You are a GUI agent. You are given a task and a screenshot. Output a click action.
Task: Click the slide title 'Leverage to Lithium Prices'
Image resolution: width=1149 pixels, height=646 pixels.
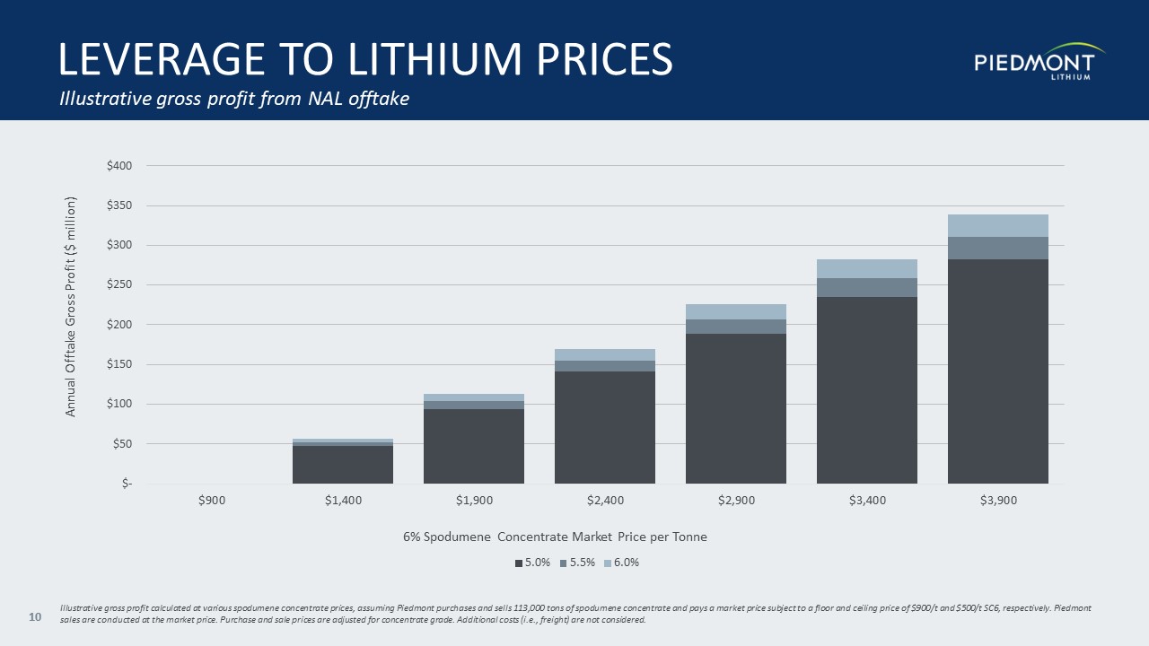[x=365, y=58]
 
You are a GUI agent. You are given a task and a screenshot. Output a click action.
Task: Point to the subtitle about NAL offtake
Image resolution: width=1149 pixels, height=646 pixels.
[x=234, y=99]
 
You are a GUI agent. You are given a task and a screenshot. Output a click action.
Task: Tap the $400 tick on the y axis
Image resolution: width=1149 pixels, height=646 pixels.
[x=119, y=166]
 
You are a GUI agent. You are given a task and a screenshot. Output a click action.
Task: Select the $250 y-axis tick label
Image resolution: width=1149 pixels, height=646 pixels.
[x=119, y=285]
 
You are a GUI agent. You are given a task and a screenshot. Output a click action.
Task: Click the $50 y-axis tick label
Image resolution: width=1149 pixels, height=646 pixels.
[x=122, y=444]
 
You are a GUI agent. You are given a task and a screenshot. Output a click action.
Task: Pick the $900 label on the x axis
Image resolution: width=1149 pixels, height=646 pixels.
[x=212, y=501]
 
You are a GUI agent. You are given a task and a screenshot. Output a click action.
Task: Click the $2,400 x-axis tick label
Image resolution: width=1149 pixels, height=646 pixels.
[x=605, y=501]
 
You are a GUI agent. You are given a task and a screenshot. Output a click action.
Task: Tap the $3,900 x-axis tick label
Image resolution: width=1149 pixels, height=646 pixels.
[x=998, y=501]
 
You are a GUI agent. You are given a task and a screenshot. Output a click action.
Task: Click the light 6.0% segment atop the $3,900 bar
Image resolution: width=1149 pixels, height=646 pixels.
[x=998, y=225]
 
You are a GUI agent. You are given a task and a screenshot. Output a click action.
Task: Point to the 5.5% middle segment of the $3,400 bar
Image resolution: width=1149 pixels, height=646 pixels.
[x=867, y=287]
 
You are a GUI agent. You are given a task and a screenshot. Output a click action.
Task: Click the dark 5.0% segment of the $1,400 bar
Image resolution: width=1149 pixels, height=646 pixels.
[x=343, y=464]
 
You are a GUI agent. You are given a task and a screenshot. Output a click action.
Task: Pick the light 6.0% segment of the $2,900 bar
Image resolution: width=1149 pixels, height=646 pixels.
[x=736, y=311]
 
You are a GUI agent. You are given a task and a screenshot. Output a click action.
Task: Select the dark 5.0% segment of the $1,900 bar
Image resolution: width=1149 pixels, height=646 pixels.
[x=474, y=446]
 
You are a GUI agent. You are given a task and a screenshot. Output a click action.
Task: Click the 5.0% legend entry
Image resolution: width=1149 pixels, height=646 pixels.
[x=532, y=563]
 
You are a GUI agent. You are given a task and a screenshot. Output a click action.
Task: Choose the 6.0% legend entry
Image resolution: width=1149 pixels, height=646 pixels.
[x=621, y=563]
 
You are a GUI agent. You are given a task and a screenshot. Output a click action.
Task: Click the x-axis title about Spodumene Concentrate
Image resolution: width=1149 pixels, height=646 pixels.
[x=555, y=537]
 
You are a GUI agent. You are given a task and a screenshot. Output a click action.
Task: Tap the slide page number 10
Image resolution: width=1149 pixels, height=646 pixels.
[x=36, y=616]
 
